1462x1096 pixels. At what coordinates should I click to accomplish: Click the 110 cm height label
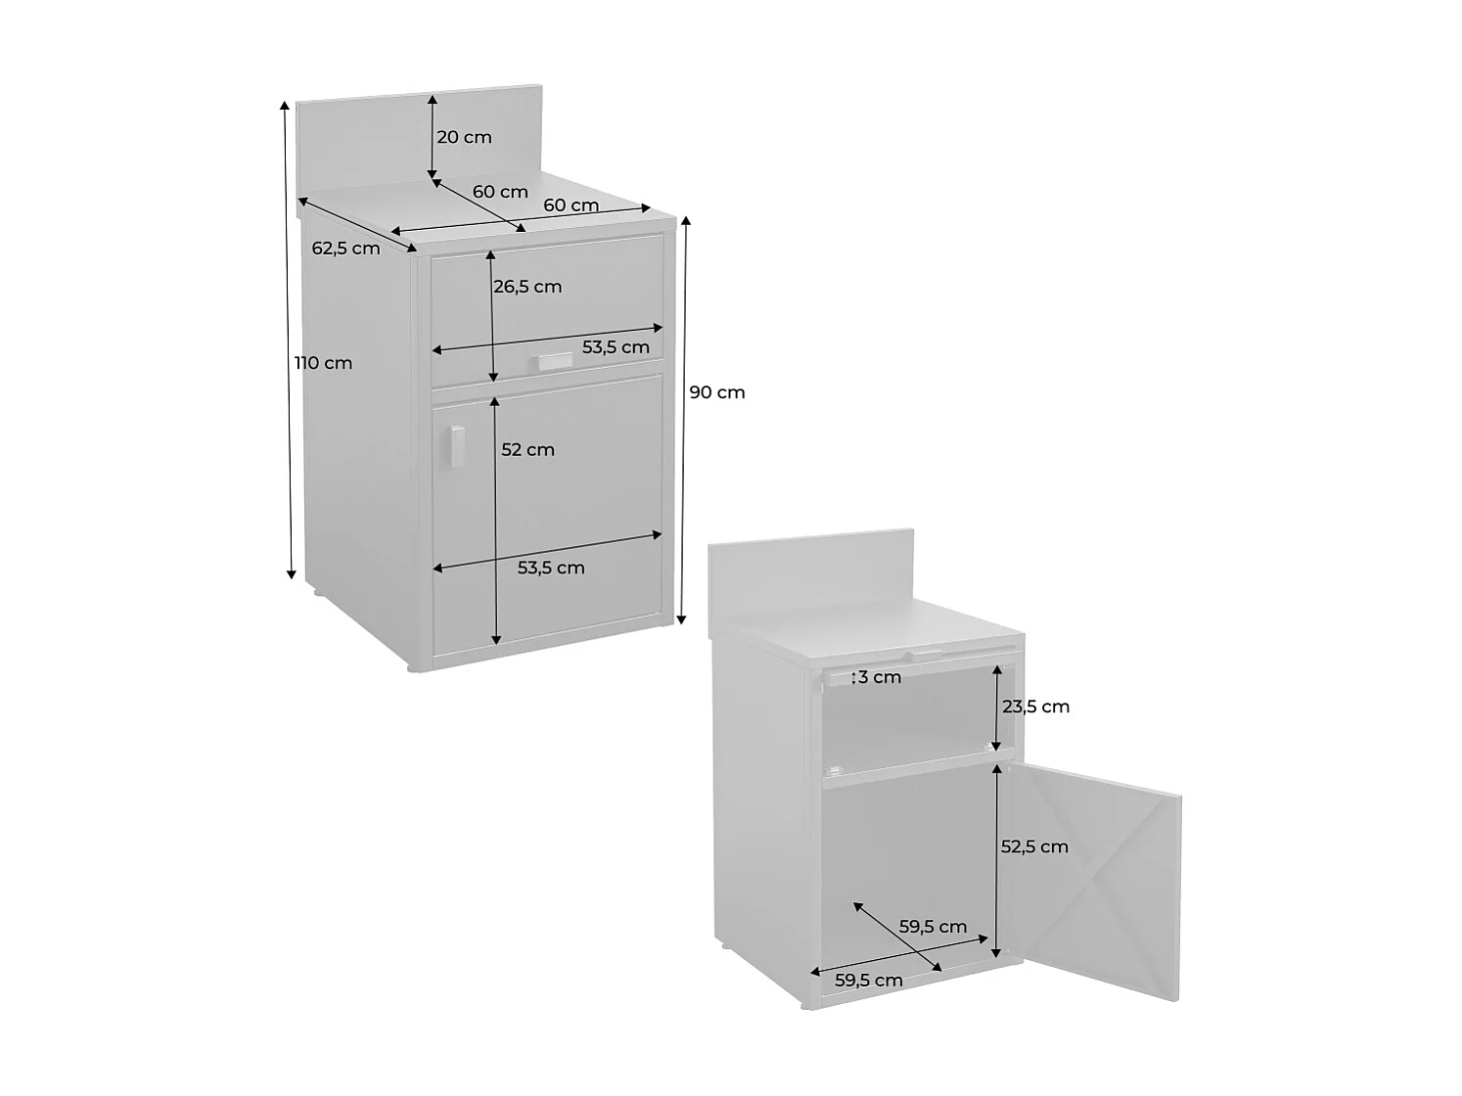[324, 363]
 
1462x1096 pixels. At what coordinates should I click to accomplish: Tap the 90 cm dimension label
[717, 392]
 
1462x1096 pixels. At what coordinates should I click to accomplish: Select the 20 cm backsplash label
[464, 137]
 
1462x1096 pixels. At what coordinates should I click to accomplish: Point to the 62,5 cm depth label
[345, 249]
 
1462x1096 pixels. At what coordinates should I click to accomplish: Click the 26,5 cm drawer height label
[527, 287]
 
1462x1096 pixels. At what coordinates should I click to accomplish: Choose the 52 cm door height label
[527, 450]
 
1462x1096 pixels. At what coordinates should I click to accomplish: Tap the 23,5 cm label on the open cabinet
[1036, 707]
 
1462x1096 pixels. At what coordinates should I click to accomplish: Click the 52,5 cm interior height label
[1034, 846]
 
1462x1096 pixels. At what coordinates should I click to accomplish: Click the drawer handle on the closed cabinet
[553, 362]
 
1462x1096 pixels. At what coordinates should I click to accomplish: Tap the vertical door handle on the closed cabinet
[456, 447]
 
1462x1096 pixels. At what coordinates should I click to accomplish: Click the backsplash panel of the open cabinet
[810, 577]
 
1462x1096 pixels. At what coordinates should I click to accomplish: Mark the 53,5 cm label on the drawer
[616, 347]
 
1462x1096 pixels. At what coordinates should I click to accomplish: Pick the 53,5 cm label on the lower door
[551, 568]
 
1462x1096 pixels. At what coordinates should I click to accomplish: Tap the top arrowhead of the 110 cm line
[286, 104]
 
